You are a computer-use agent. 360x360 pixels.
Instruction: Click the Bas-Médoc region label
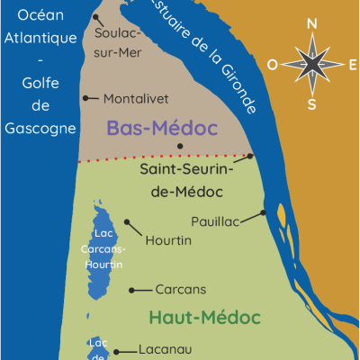[x=163, y=128]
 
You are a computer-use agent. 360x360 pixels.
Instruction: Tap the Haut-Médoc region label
[x=204, y=318]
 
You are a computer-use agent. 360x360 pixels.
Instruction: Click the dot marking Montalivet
[x=85, y=98]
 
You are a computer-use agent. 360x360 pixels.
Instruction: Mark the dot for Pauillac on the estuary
[x=264, y=213]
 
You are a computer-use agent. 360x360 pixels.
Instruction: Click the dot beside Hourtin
[x=127, y=220]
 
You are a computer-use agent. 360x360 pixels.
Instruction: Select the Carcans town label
[x=181, y=290]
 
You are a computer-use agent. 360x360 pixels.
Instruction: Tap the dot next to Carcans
[x=133, y=290]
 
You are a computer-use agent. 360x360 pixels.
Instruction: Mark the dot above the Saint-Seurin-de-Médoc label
[x=180, y=146]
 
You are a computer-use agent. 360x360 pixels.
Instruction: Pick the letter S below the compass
[x=312, y=103]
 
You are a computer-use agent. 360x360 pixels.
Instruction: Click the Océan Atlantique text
[x=42, y=27]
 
